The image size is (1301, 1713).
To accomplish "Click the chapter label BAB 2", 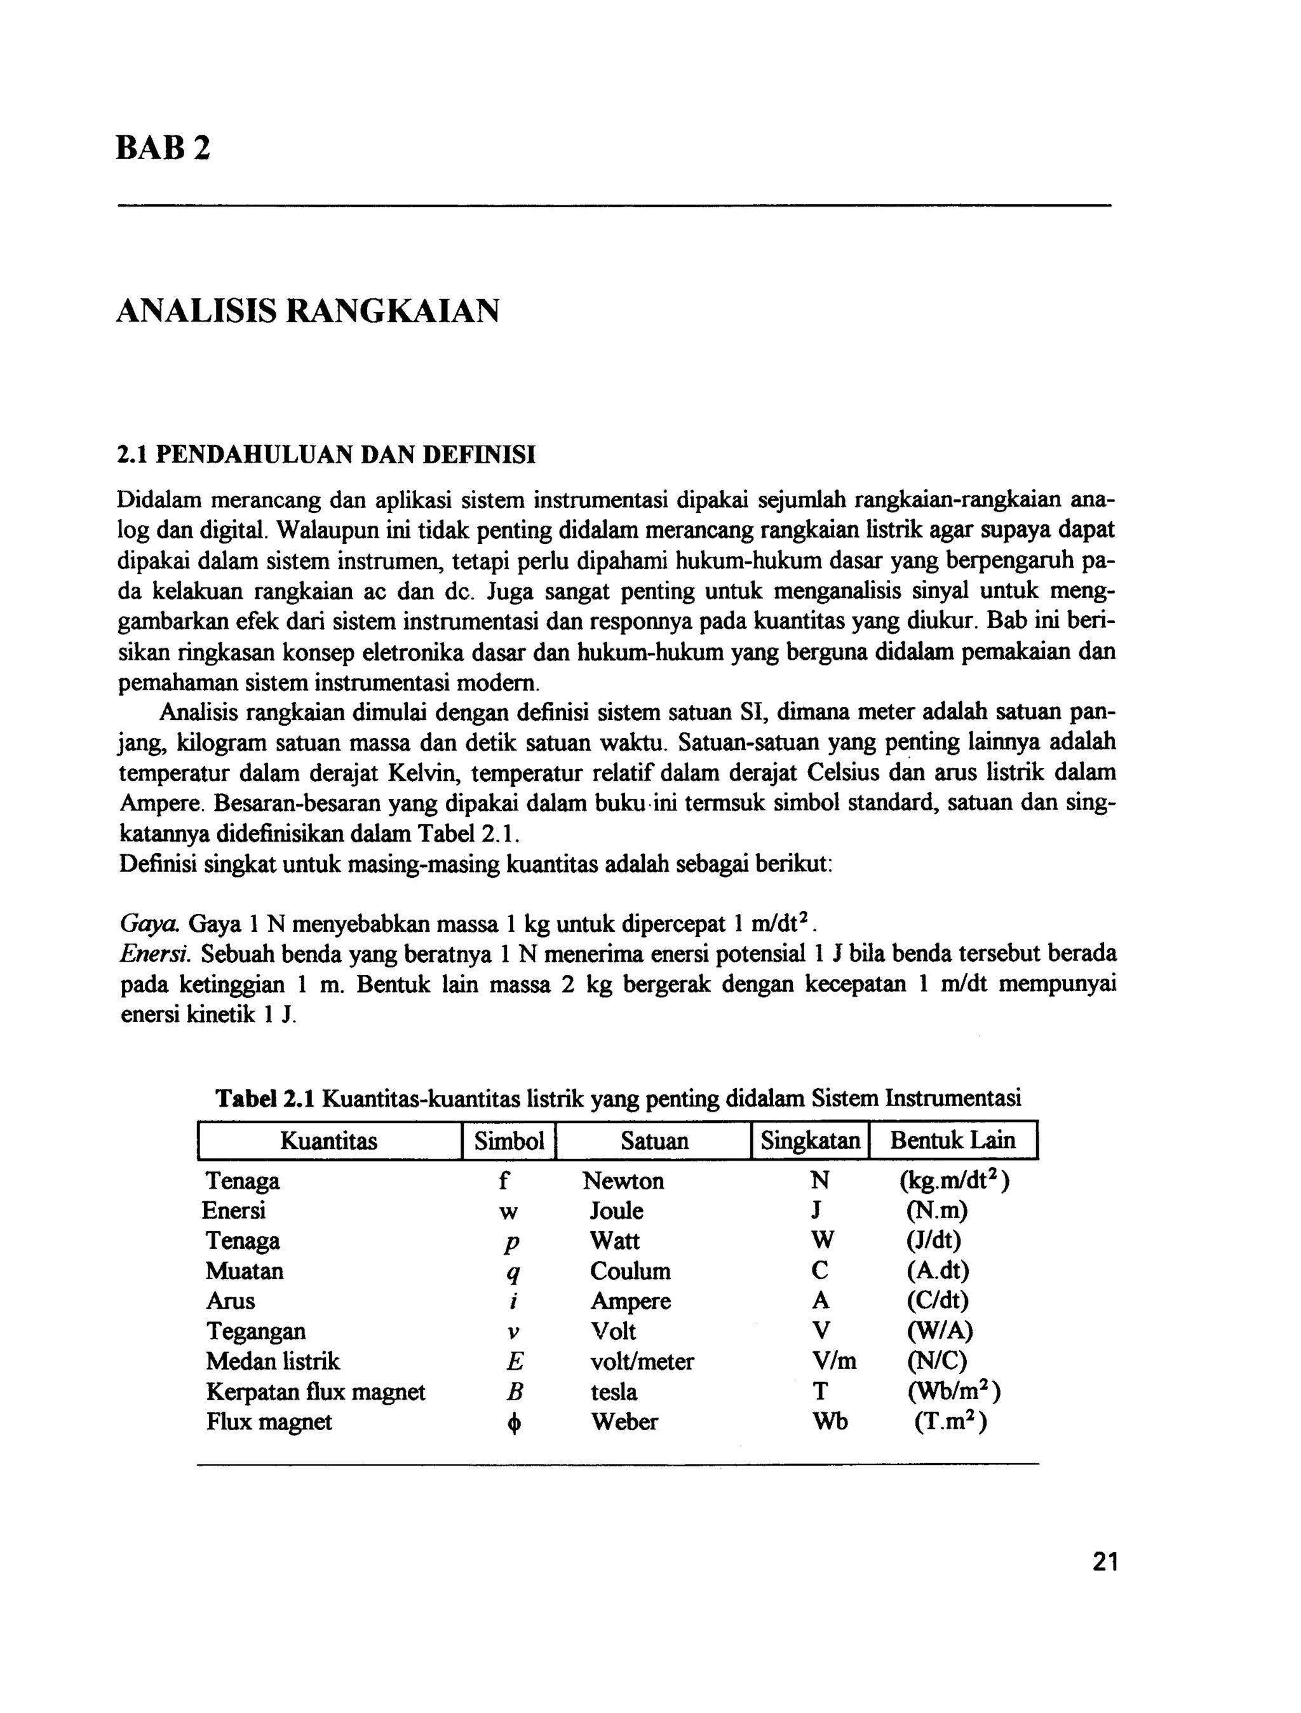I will coord(163,147).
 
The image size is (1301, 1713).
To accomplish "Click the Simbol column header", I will coord(509,1140).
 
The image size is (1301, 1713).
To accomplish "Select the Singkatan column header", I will coord(810,1140).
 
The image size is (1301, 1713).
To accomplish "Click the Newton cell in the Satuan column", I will coord(623,1181).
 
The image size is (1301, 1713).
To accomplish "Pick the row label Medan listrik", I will coord(273,1362).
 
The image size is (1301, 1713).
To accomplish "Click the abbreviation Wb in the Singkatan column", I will coord(830,1422).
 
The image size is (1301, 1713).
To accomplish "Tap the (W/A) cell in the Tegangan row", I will coord(940,1331).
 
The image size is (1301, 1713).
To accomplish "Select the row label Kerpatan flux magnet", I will coord(315,1391).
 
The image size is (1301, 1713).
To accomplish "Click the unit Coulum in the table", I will coord(630,1271).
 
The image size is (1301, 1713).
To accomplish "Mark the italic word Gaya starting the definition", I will coord(150,924).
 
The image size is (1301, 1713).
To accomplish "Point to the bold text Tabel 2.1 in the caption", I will coord(265,1098).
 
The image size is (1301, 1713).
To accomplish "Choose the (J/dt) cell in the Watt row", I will coord(933,1241).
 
